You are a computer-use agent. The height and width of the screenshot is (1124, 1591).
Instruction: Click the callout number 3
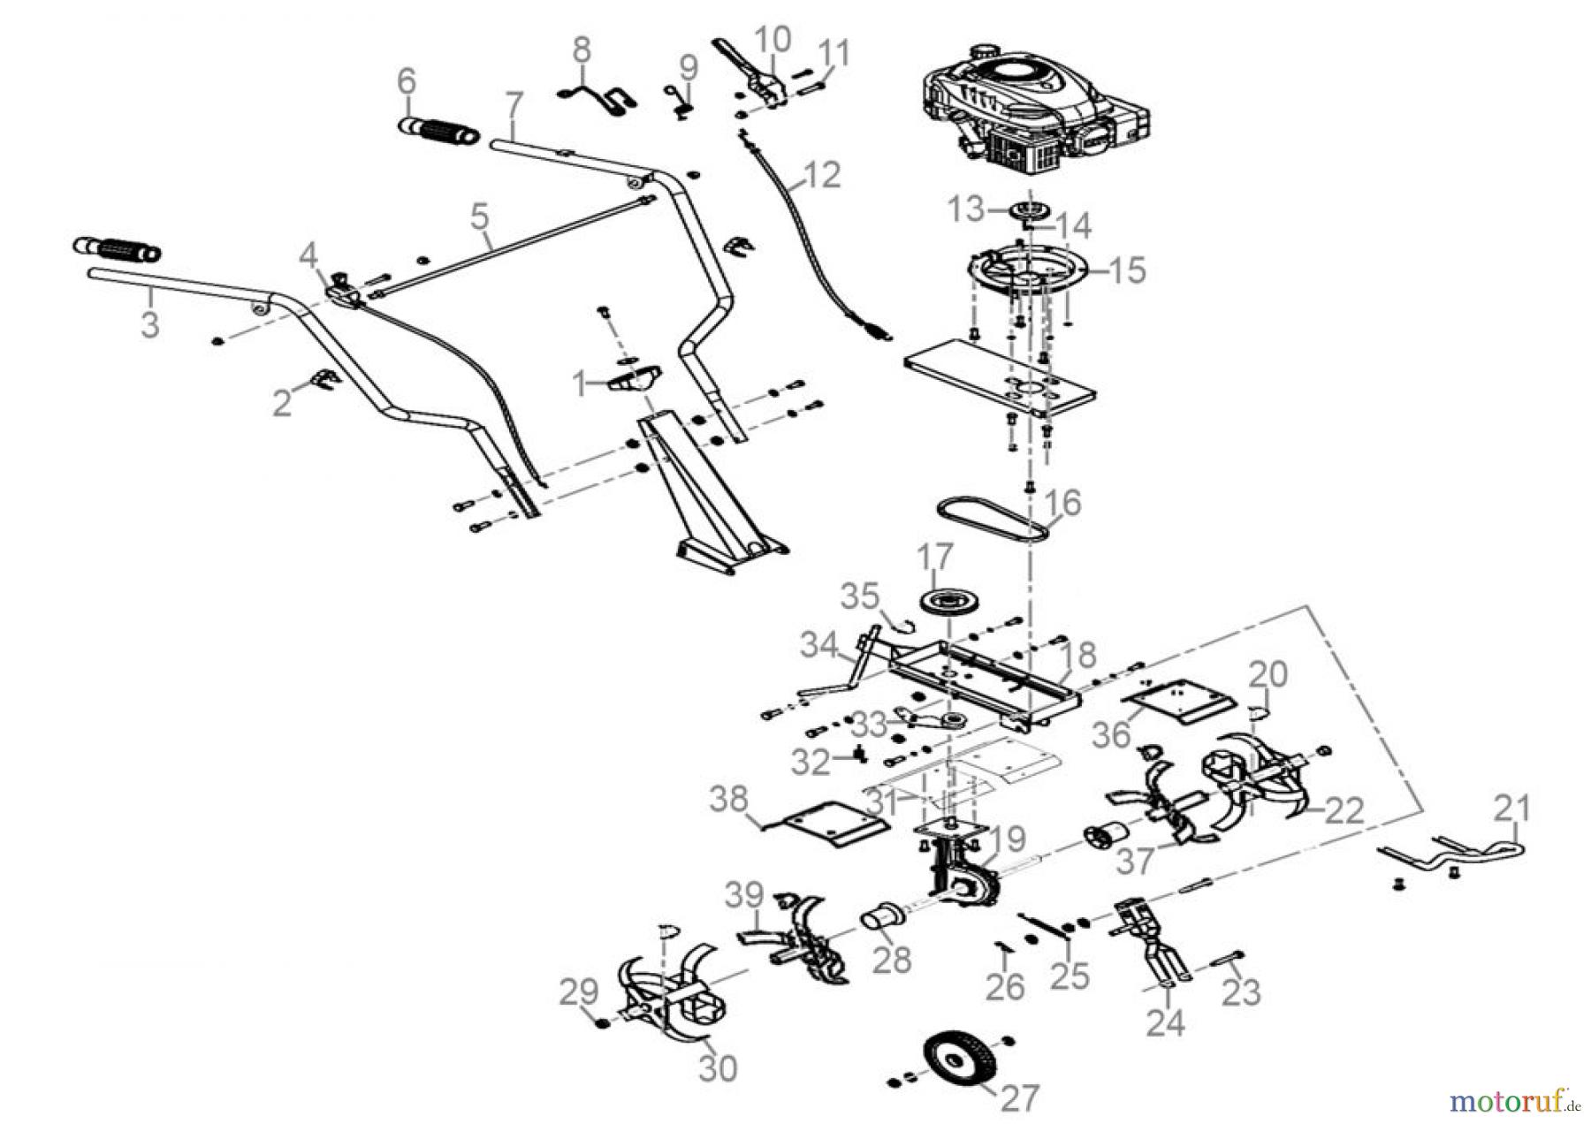[150, 323]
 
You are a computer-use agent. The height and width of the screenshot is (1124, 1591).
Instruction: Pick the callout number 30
[717, 1067]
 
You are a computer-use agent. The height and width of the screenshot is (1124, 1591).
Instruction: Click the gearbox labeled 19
[963, 875]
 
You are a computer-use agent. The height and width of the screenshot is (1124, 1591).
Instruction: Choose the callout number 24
[1166, 1022]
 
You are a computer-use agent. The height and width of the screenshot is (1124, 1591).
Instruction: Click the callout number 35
[859, 596]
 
